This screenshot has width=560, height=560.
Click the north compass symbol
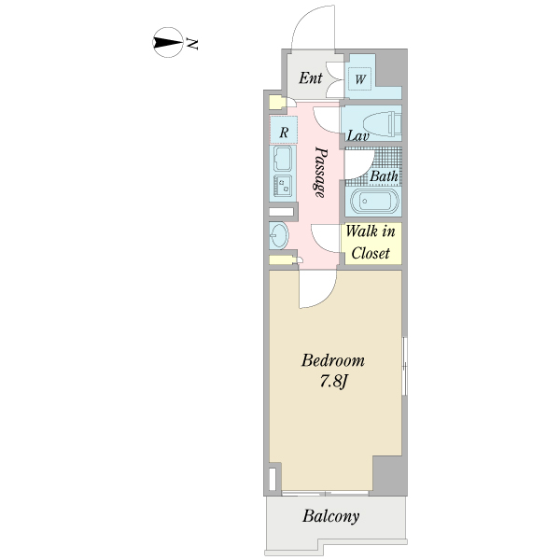pyautogui.click(x=168, y=43)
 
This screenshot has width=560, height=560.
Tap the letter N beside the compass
pyautogui.click(x=192, y=44)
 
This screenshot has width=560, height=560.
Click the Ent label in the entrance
pyautogui.click(x=311, y=77)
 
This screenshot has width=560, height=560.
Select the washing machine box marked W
pyautogui.click(x=360, y=78)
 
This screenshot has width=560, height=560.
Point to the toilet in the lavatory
pyautogui.click(x=382, y=123)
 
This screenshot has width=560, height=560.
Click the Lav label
pyautogui.click(x=357, y=135)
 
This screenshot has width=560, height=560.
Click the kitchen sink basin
pyautogui.click(x=283, y=159)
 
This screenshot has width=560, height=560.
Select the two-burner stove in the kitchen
pyautogui.click(x=283, y=186)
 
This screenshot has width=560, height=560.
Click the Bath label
pyautogui.click(x=384, y=176)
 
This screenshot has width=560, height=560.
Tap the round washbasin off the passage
pyautogui.click(x=278, y=235)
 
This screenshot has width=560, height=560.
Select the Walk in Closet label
pyautogui.click(x=371, y=242)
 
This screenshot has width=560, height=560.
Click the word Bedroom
pyautogui.click(x=333, y=360)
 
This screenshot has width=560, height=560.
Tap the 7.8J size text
pyautogui.click(x=333, y=382)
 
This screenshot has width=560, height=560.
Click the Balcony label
pyautogui.click(x=331, y=516)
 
